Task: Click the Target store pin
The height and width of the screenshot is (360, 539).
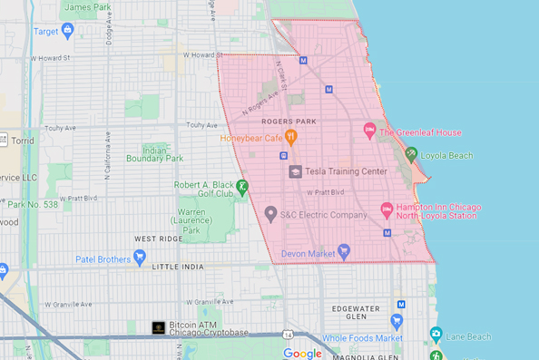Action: (x=67, y=31)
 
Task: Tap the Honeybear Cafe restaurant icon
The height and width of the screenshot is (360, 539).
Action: (x=291, y=138)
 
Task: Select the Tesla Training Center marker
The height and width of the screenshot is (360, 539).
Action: (x=295, y=171)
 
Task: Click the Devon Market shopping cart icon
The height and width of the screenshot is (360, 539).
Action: (x=343, y=251)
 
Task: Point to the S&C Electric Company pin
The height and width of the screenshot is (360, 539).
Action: (x=269, y=214)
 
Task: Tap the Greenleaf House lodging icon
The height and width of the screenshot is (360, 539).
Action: (x=369, y=131)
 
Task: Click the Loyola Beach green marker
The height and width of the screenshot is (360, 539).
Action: (x=410, y=155)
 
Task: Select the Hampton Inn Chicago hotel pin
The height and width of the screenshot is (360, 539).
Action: (x=386, y=209)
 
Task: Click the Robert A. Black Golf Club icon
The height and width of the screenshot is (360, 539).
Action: (x=242, y=187)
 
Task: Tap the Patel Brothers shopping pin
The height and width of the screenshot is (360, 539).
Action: (x=139, y=258)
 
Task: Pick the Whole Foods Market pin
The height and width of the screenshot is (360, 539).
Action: (x=396, y=321)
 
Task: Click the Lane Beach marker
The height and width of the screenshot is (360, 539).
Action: (x=436, y=336)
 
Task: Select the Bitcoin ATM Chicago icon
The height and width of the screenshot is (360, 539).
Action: (x=159, y=327)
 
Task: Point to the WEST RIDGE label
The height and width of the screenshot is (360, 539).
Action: (x=155, y=238)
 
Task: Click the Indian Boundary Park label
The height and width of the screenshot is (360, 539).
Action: (x=163, y=153)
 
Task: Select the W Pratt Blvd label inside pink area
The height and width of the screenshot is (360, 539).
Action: (x=325, y=192)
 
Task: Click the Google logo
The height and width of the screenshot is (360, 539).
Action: (x=302, y=353)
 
